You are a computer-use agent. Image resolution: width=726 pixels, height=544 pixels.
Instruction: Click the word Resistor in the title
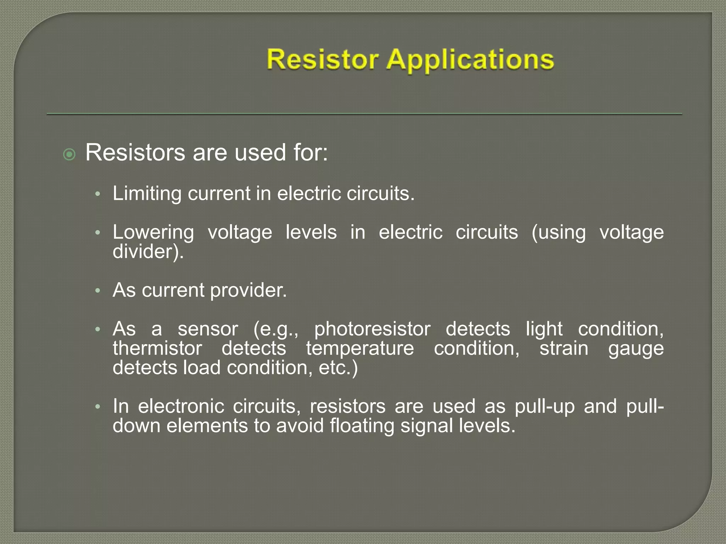click(x=322, y=59)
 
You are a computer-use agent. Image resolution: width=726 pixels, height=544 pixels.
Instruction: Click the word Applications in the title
click(x=470, y=60)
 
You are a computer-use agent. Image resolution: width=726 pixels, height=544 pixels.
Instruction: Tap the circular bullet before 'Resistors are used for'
click(x=69, y=154)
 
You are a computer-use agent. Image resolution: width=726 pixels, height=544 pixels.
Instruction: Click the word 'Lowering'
click(x=153, y=233)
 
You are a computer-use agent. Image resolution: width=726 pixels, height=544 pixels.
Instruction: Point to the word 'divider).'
click(x=148, y=252)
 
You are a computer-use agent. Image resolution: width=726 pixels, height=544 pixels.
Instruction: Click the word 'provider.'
click(x=248, y=290)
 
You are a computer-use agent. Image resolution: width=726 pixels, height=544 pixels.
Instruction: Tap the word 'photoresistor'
click(x=372, y=329)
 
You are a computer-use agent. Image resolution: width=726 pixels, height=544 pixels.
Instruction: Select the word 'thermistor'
click(x=157, y=348)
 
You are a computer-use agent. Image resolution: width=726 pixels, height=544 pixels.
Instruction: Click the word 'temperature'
click(x=360, y=348)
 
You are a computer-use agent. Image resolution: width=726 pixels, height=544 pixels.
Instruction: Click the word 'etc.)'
click(x=338, y=368)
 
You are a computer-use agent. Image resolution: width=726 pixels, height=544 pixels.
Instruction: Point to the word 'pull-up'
click(x=544, y=407)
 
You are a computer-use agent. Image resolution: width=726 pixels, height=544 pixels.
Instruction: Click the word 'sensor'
click(x=208, y=329)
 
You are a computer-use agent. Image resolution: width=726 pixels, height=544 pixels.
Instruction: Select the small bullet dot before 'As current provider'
click(x=98, y=291)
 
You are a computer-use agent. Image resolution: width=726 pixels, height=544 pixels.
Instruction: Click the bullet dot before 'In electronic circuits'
click(x=98, y=407)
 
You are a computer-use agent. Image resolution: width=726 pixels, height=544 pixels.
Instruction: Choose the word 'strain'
click(x=564, y=348)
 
